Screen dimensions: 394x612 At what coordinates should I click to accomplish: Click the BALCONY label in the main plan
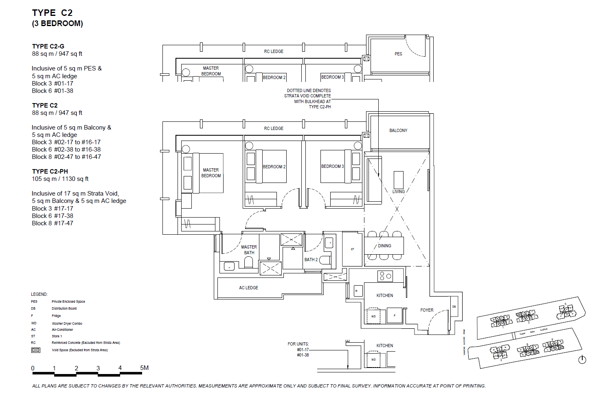point(398,130)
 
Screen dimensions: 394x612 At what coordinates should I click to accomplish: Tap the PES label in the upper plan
point(398,54)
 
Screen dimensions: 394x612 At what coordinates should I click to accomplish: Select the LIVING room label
point(398,191)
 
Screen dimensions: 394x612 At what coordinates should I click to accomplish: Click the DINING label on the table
point(384,246)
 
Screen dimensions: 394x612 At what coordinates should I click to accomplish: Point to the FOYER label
point(427,310)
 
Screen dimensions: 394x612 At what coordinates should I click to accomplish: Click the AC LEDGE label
point(248,288)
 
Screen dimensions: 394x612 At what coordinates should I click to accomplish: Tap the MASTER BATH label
point(249,250)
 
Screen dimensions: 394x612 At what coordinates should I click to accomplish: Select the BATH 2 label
point(311,260)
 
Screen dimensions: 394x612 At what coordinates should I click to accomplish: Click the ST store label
point(352,249)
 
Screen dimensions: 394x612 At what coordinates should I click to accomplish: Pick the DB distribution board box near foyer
point(454,306)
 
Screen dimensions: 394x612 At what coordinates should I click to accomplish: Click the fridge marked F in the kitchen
point(394,316)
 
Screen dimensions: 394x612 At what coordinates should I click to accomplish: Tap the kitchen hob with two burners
point(385,276)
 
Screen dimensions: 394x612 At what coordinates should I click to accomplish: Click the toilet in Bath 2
point(325,260)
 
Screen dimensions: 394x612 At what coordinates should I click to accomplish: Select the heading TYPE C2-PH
point(50,172)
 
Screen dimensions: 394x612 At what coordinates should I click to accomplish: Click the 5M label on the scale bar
point(144,368)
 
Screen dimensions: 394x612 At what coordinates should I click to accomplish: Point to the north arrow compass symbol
point(582,360)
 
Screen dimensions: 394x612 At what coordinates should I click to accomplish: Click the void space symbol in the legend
point(36,350)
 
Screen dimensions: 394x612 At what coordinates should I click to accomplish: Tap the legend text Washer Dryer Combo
point(67,324)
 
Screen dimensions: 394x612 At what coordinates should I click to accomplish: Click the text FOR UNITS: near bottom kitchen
point(298,344)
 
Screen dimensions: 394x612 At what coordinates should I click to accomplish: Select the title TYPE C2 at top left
point(52,13)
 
